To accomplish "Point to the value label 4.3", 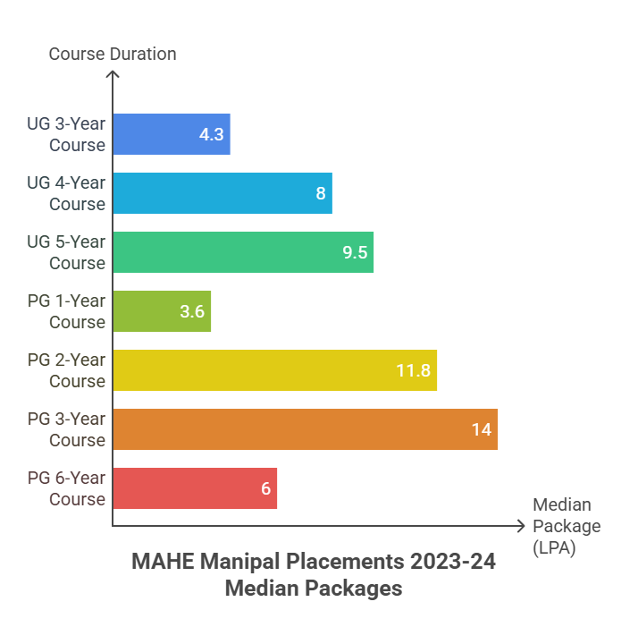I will click(211, 135).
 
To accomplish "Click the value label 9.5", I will click(355, 253).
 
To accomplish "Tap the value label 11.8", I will click(413, 371).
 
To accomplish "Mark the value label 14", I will click(481, 430).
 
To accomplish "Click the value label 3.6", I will click(192, 312).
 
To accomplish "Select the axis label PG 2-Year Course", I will click(66, 370).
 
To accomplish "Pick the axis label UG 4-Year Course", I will click(66, 193).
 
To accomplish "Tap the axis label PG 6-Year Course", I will click(66, 488).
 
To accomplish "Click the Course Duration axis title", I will click(113, 54).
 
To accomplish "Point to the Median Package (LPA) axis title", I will click(567, 527).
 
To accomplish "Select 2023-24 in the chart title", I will click(452, 563).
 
